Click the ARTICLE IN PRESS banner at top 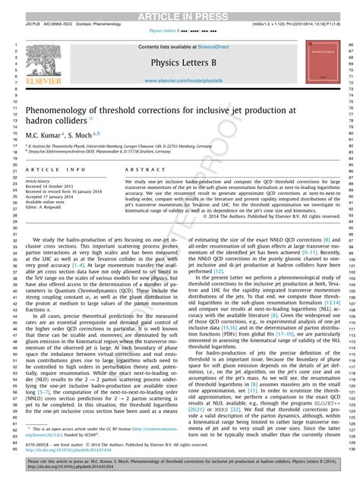(179, 6)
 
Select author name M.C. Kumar (41, 134)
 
